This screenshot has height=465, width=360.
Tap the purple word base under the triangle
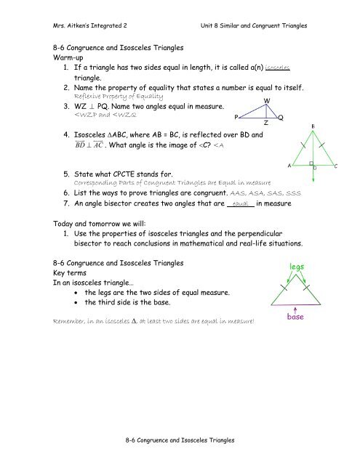(300, 336)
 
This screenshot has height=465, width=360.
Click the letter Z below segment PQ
(266, 123)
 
